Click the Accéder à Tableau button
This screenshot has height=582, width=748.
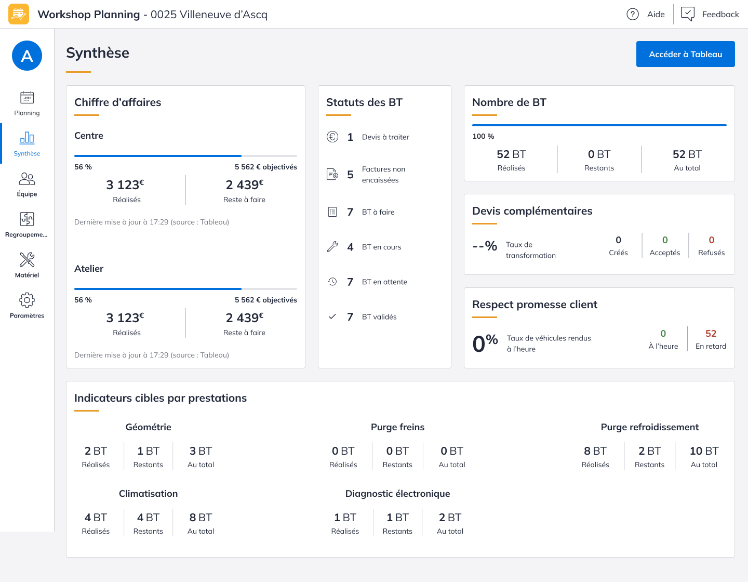coord(685,54)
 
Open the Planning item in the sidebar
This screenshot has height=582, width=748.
coord(27,103)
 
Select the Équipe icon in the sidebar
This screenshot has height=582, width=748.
coord(27,179)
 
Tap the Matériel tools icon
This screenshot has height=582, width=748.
coord(27,259)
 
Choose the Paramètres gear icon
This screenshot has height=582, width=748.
coord(27,300)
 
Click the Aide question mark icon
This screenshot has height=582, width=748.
coord(632,14)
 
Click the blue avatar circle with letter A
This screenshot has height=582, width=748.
coord(27,56)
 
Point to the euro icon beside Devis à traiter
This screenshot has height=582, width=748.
coord(332,137)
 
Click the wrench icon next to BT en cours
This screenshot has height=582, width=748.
coord(332,247)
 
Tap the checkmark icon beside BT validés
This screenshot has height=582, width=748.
coord(332,316)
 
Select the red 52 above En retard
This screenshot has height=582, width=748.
coord(711,334)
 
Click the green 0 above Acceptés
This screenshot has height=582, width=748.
coord(665,240)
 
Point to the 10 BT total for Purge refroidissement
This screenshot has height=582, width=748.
coord(704,451)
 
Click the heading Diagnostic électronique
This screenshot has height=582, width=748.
coord(397,494)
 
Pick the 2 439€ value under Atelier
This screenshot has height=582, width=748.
coord(244,318)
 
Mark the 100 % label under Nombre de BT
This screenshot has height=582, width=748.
coord(483,136)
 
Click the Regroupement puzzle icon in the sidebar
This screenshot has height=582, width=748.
coord(27,219)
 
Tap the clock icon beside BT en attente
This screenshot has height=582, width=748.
coord(332,282)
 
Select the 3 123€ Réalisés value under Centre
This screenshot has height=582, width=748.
coord(125,185)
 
